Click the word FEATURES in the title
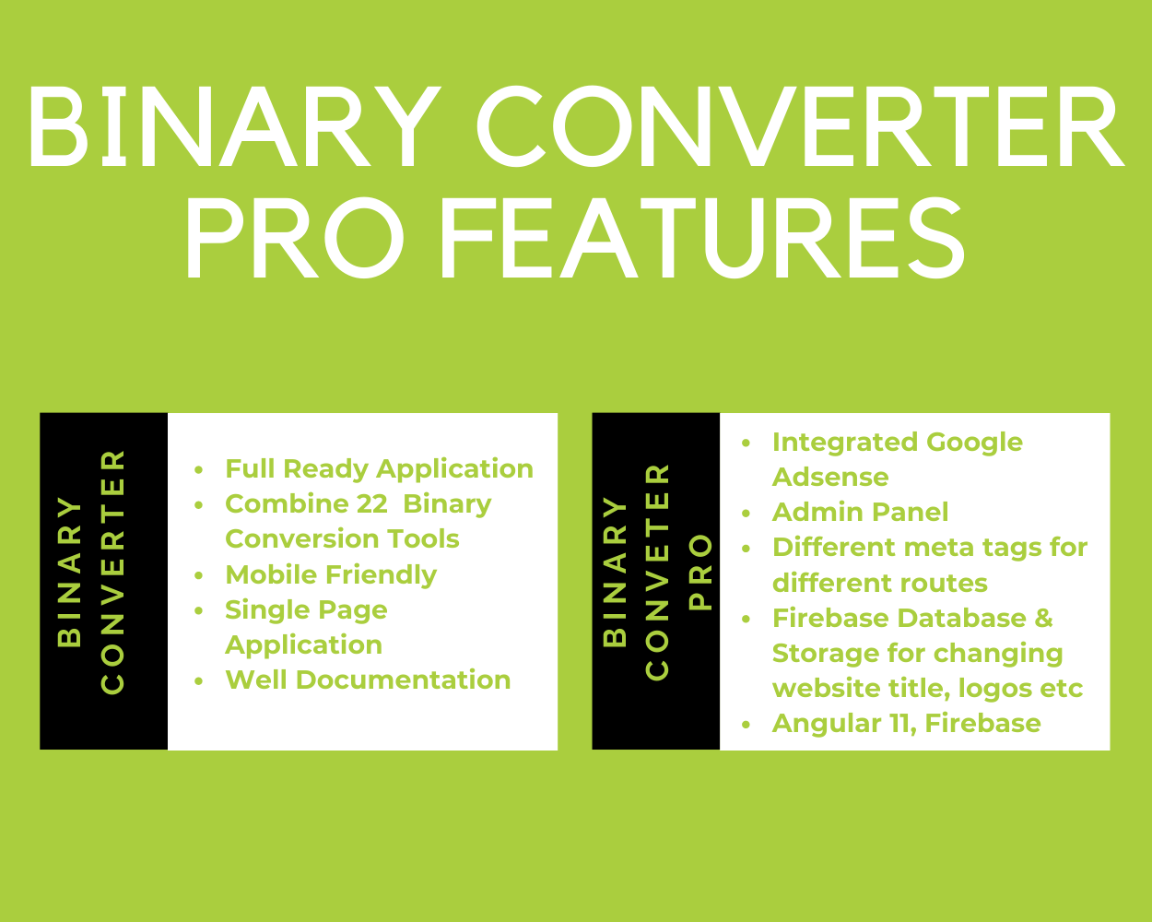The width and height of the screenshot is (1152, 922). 702,238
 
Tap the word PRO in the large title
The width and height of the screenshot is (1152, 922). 294,238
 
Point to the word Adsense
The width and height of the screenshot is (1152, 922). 830,477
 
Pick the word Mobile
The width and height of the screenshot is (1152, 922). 271,574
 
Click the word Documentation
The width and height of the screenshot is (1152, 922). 403,680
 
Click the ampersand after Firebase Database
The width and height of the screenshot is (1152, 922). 1043,619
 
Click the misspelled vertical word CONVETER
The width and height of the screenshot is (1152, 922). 657,573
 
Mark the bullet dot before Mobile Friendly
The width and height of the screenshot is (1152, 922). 198,576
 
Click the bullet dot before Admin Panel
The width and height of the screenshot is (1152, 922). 746,514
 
